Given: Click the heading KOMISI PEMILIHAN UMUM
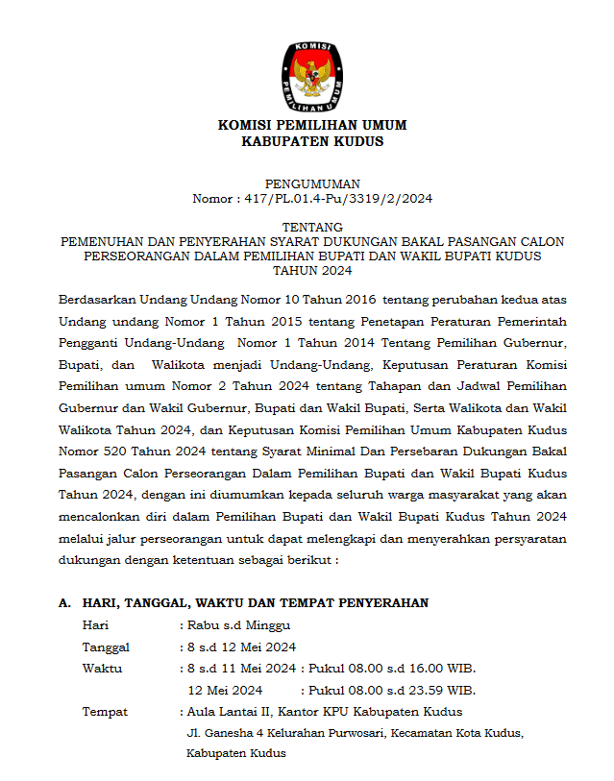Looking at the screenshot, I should point(312,125).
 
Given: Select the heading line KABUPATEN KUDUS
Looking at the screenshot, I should point(312,141).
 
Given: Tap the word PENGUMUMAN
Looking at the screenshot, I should point(312,183).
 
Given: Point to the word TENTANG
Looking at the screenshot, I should point(312,227).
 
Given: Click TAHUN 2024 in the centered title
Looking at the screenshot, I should point(312,271).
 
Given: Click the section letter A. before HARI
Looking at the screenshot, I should point(64,602).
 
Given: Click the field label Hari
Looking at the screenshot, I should point(94,624).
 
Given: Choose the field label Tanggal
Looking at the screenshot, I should point(106,647).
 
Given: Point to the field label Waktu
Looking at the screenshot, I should point(102,668).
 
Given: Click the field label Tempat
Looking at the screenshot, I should point(105,712).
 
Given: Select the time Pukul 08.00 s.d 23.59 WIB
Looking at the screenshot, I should point(392,690).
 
